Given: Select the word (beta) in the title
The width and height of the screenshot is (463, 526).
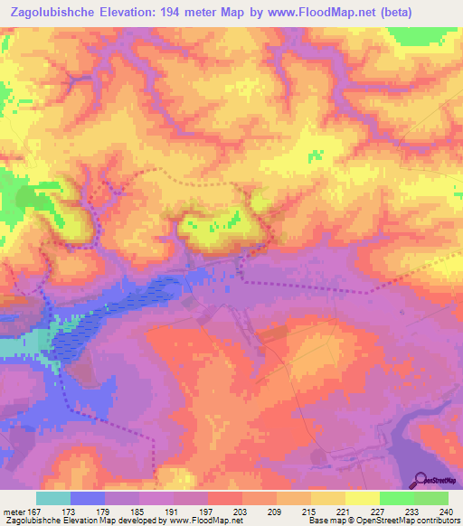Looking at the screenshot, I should [433, 11].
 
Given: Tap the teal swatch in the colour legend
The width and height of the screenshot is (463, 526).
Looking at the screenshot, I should [53, 498].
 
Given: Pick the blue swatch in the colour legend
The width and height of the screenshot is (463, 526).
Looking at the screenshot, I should [88, 498].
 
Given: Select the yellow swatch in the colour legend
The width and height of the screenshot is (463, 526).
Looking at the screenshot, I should [363, 498].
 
